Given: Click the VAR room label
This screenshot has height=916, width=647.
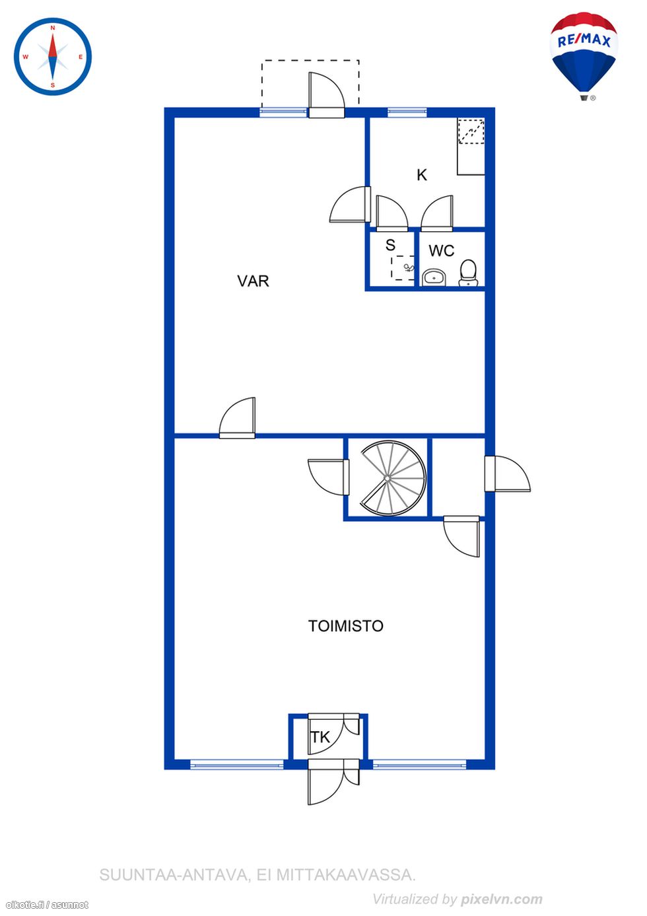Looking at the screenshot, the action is tap(253, 281).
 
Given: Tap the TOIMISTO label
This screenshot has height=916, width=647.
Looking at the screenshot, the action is tap(346, 626).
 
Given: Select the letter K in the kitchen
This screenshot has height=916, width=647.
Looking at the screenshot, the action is tap(422, 175).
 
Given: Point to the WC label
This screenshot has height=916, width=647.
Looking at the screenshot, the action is tap(442, 251).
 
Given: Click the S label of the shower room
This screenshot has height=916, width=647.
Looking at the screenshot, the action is tap(390, 245).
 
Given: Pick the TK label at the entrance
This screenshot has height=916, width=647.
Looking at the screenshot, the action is tap(320, 737).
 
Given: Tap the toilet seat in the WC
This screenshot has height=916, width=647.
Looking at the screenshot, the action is tap(468, 273).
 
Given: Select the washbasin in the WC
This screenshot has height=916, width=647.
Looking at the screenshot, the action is tap(434, 277).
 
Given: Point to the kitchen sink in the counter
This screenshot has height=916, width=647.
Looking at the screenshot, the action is tap(471, 131).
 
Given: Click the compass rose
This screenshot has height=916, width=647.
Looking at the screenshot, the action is tap(53, 56).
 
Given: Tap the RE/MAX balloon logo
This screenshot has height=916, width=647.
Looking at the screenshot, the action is tap(584, 56).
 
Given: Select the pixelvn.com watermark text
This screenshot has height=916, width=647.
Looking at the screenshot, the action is tap(502, 899).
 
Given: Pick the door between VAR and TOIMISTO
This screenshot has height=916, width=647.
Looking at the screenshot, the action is tap(237, 418).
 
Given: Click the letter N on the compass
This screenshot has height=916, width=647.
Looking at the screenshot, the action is tap(53, 28).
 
